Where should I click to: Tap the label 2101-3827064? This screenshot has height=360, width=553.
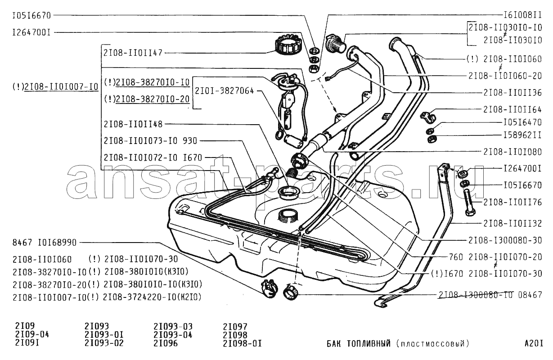pos(224,90)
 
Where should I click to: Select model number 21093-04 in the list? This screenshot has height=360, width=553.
pos(173,335)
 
